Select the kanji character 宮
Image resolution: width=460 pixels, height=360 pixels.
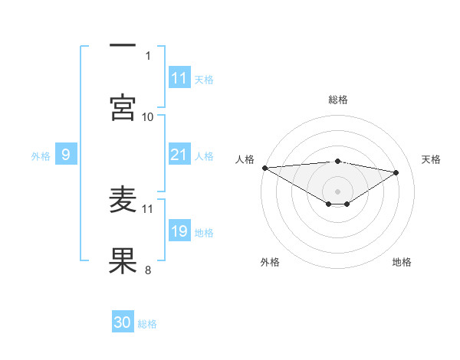(123, 108)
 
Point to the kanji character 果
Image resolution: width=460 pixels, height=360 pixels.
(123, 260)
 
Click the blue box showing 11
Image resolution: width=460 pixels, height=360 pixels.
(179, 78)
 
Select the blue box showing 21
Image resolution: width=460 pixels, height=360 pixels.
(179, 155)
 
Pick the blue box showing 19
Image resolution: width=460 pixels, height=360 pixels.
(179, 231)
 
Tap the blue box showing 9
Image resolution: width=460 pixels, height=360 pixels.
(66, 155)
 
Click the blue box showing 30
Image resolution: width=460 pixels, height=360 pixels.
(123, 322)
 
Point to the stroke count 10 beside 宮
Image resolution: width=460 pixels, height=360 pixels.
(148, 116)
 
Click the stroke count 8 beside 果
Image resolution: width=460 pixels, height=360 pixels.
(148, 269)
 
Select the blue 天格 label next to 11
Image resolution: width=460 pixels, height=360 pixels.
(204, 79)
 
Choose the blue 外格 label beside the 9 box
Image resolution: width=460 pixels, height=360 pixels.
(41, 155)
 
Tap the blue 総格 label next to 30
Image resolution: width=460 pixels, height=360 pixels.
(147, 323)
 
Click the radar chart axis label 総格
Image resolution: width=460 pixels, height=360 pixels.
(338, 100)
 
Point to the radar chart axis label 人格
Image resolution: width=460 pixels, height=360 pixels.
(245, 159)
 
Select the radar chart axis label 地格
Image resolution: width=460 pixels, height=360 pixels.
(402, 262)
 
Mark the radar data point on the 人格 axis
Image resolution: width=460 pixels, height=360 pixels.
(264, 168)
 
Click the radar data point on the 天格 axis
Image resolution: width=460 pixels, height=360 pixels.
(396, 172)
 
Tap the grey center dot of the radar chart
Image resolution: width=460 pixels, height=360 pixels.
(338, 191)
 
